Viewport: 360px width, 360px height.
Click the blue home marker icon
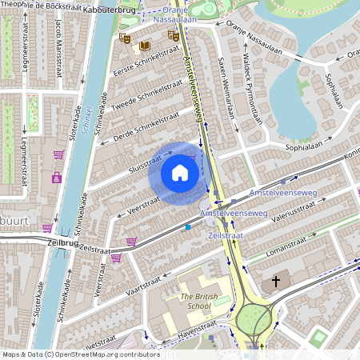[180, 173]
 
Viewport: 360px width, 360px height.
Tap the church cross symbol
[277, 282]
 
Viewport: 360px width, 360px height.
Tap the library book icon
[144, 45]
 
